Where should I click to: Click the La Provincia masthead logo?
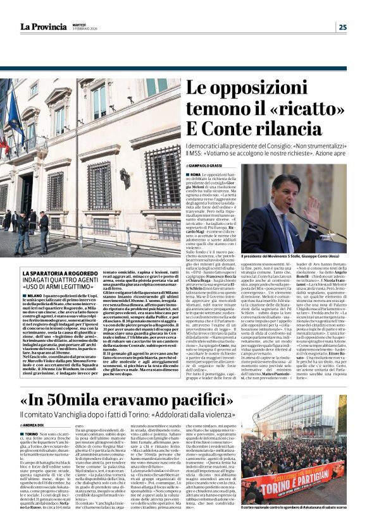[42, 27]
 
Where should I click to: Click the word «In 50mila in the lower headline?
[62, 399]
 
